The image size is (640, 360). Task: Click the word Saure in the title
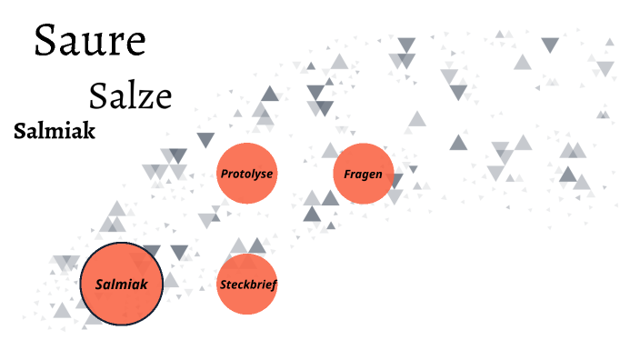(x=89, y=41)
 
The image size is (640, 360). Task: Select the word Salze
(x=130, y=95)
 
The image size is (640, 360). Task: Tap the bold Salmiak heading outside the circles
(x=55, y=131)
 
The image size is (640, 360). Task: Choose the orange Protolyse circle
(x=246, y=173)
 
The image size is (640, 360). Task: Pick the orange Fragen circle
(x=363, y=173)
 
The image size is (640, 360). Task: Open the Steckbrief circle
(x=246, y=285)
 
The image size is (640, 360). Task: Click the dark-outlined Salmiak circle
(x=122, y=285)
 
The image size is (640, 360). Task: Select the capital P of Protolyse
(x=225, y=173)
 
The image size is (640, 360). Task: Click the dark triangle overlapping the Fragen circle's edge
(x=395, y=181)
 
